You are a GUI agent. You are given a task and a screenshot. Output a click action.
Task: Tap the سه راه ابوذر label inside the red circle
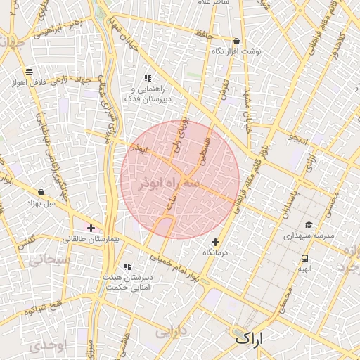click(x=180, y=182)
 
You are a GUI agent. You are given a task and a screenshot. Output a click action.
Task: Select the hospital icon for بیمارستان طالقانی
click(x=91, y=227)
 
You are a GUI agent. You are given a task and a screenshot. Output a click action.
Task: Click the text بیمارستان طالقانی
click(x=95, y=240)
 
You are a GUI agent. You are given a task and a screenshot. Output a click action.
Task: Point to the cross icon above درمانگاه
click(x=215, y=243)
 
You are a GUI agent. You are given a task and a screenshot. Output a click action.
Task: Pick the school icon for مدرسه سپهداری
click(x=308, y=226)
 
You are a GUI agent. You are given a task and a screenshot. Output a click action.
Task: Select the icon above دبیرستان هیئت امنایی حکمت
click(x=127, y=266)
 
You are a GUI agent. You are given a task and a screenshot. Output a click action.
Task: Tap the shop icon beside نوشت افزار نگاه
click(x=236, y=41)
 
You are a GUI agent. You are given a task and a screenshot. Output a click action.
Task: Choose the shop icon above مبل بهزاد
click(x=41, y=192)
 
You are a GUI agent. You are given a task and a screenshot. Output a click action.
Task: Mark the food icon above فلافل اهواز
click(x=29, y=72)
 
